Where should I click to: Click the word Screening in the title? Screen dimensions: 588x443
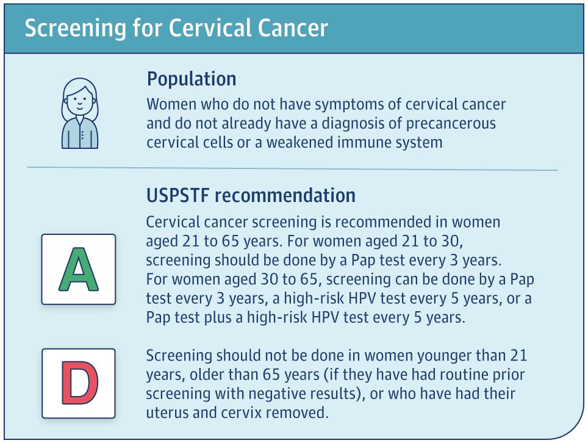coord(75,29)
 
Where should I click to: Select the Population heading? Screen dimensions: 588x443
coord(192,79)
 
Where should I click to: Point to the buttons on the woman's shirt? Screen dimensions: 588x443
coord(82,135)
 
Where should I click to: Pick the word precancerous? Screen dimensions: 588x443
coord(451,123)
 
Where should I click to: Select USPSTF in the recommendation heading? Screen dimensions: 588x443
coord(177,195)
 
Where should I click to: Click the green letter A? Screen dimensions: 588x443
coord(78,269)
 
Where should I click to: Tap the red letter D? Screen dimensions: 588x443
coord(79,383)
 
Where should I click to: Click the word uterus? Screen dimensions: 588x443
coord(167,413)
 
